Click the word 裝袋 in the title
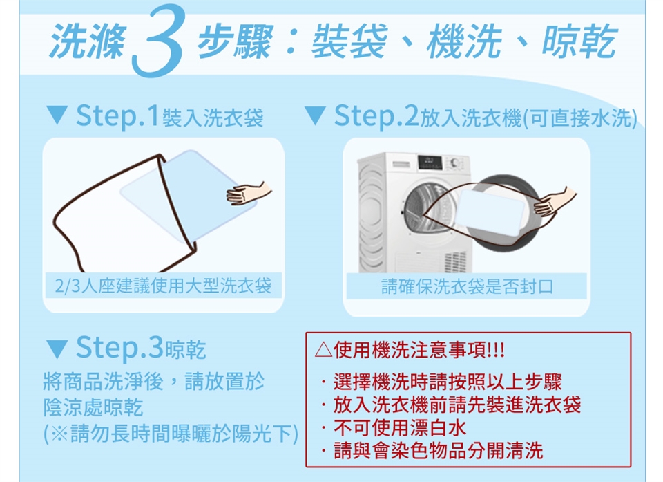pos(349,41)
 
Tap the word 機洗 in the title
pos(464,41)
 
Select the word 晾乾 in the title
pos(579,41)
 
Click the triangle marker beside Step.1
pos(57,115)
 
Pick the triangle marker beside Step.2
pos(315,115)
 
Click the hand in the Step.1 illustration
pos(248,194)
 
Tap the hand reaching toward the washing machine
pos(555,202)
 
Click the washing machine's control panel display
pos(430,163)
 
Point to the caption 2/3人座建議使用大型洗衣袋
pos(163,286)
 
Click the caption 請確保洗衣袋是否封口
pos(467,287)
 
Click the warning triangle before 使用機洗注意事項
pos(323,350)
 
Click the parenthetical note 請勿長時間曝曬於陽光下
pos(171,434)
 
